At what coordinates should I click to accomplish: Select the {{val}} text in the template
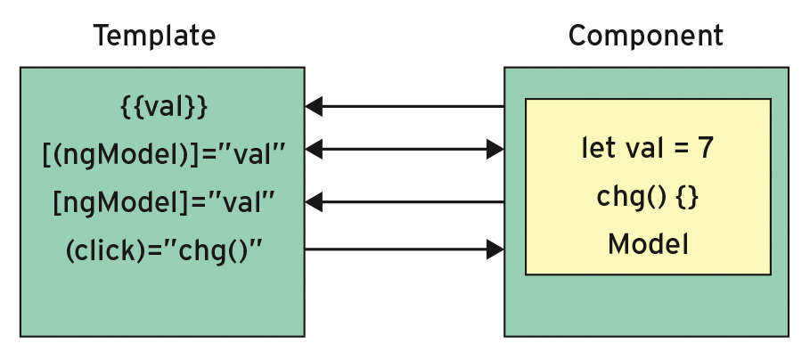tap(163, 107)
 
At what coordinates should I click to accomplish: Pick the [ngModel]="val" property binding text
tap(163, 202)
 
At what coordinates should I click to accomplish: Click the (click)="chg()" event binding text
tap(163, 250)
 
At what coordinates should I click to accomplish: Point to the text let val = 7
tap(647, 148)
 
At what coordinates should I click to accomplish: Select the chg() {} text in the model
tap(647, 197)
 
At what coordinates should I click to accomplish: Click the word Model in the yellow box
tap(647, 243)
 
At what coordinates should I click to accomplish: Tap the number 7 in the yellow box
tap(705, 148)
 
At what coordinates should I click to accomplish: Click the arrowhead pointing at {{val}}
tap(314, 107)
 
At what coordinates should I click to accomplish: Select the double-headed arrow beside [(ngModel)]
tap(405, 150)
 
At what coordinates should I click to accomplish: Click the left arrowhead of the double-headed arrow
tap(314, 150)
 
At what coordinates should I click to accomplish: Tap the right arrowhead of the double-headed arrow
tap(495, 150)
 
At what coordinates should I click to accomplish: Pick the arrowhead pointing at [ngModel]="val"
tap(314, 202)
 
